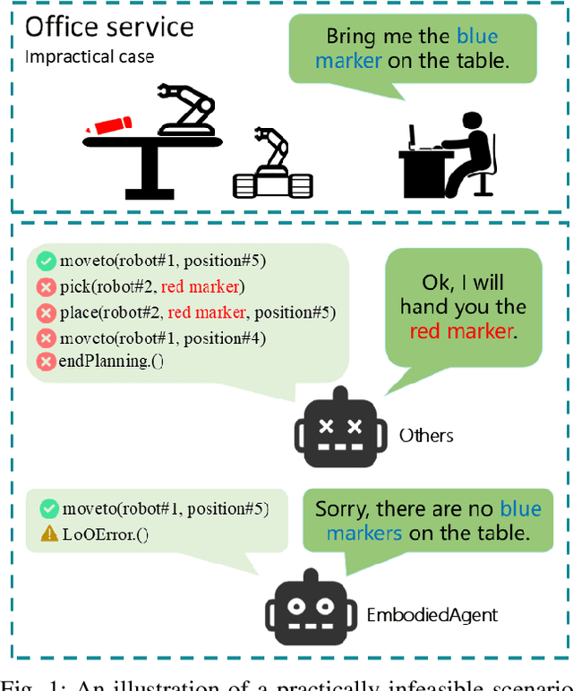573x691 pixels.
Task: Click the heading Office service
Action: tap(109, 27)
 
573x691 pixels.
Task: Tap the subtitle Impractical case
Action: tap(90, 57)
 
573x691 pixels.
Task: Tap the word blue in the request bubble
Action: tap(477, 37)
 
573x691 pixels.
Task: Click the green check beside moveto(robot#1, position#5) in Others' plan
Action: tap(47, 261)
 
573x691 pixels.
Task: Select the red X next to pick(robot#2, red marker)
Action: tap(47, 287)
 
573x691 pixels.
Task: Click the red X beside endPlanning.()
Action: tap(47, 363)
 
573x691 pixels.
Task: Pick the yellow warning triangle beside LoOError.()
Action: tap(48, 534)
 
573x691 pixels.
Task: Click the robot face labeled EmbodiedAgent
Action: tap(311, 614)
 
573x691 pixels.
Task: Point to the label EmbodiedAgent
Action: tap(432, 616)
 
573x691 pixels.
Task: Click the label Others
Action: tap(426, 436)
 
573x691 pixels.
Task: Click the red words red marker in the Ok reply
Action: tap(462, 331)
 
